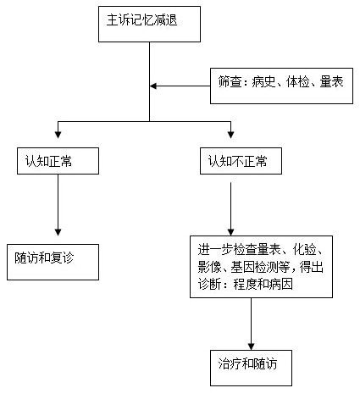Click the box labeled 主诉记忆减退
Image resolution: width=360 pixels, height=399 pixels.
pos(150,23)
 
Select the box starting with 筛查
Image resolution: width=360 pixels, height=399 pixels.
pos(281,86)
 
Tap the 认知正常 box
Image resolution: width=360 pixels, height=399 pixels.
pos(58,161)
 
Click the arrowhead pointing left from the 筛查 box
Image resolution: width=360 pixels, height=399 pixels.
pos(154,86)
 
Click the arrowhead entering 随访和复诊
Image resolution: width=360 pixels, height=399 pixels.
pos(58,231)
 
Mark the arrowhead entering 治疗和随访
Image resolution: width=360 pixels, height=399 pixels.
pos(251,343)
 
